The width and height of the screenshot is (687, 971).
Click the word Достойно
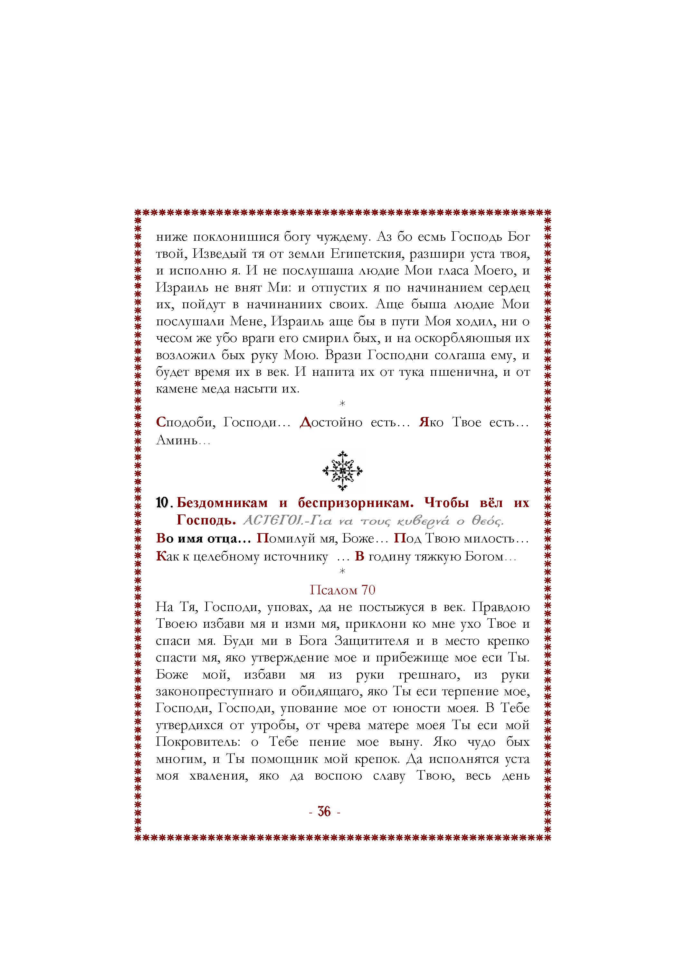(x=331, y=422)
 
